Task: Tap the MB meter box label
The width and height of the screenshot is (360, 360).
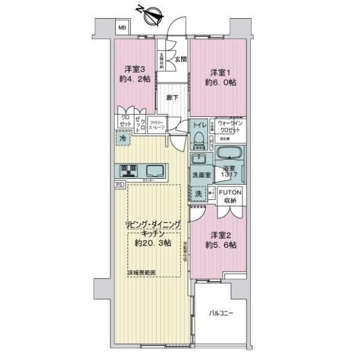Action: pyautogui.click(x=122, y=27)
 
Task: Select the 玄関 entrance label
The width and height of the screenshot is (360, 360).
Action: pyautogui.click(x=181, y=58)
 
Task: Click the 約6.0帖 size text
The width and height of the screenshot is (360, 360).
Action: pyautogui.click(x=218, y=83)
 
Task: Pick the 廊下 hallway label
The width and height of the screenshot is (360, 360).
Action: pyautogui.click(x=172, y=98)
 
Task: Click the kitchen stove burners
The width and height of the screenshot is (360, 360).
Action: pyautogui.click(x=128, y=170)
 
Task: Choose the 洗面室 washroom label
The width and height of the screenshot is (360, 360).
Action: pyautogui.click(x=201, y=175)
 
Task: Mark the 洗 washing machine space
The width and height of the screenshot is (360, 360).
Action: pyautogui.click(x=197, y=193)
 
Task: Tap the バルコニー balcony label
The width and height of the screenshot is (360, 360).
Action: pyautogui.click(x=221, y=314)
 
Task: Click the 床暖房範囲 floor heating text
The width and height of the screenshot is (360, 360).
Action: pyautogui.click(x=142, y=273)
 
